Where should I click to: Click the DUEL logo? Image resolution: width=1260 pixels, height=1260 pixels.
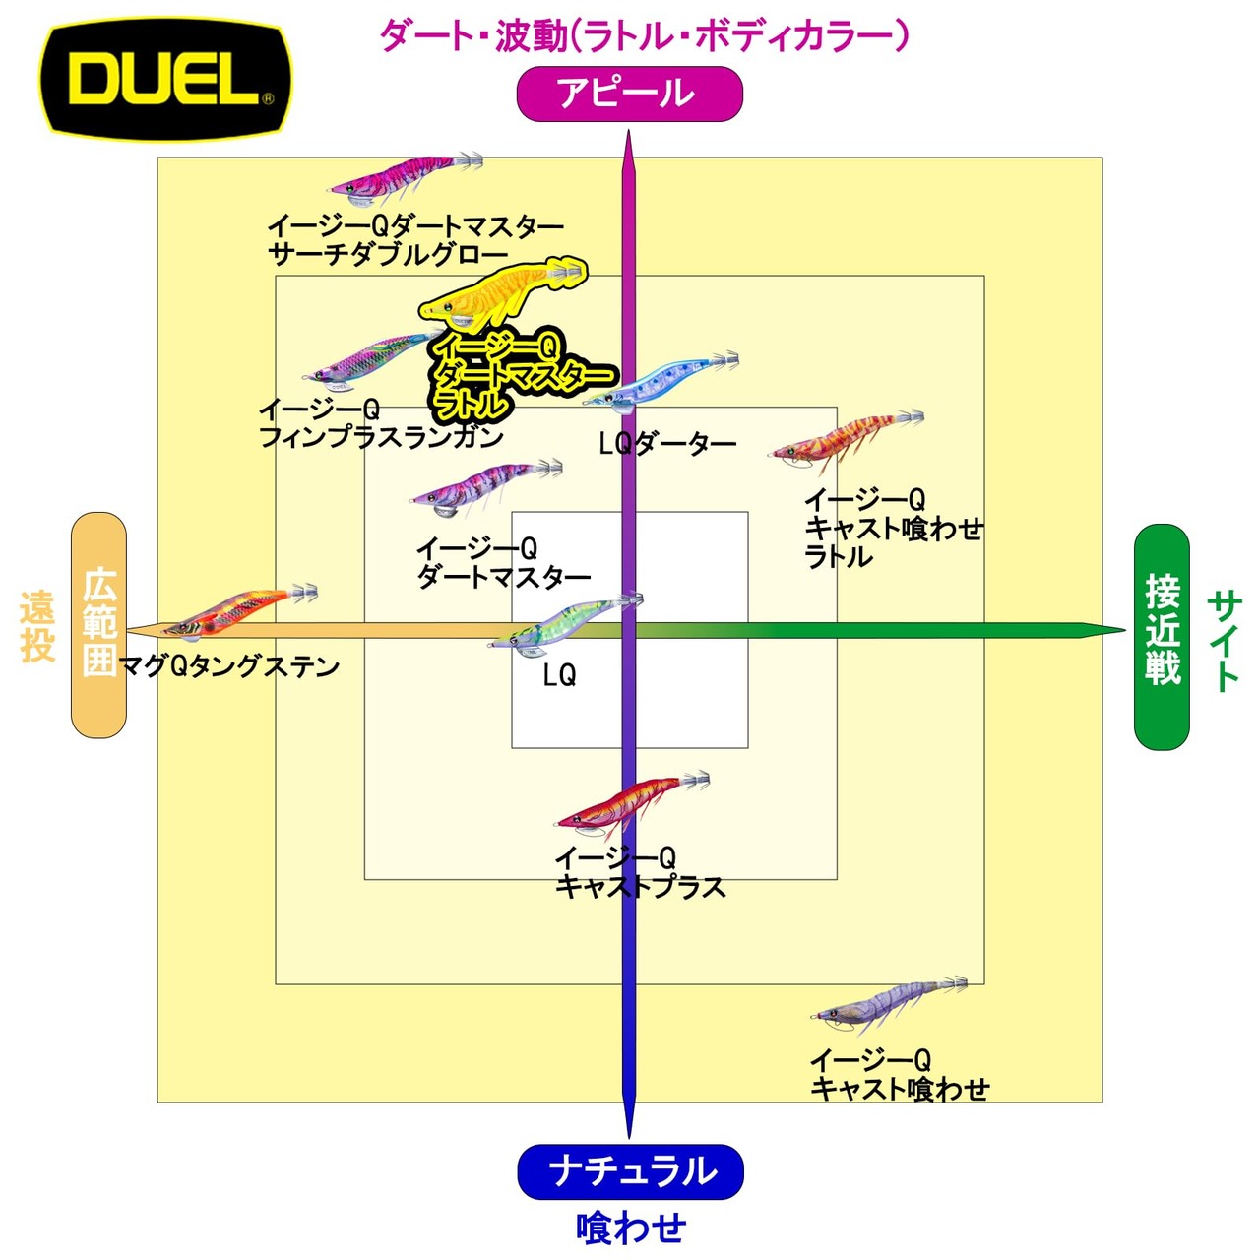(165, 78)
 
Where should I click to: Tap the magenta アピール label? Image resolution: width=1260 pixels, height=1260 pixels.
(629, 94)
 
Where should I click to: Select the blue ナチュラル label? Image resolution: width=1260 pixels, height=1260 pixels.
(630, 1171)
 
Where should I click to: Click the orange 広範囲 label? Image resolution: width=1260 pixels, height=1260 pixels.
(99, 624)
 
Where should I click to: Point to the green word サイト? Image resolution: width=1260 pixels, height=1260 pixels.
(1224, 641)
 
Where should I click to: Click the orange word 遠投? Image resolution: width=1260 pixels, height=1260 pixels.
(37, 626)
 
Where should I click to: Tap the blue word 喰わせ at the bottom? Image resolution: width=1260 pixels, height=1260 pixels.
(630, 1228)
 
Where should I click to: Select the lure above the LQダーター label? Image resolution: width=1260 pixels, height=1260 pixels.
(660, 382)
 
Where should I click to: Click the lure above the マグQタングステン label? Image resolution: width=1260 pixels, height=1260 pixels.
(236, 610)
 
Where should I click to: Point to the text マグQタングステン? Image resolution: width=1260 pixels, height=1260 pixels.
(229, 667)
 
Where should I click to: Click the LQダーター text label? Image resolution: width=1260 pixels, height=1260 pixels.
(667, 445)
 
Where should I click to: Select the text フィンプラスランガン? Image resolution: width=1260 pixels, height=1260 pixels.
(381, 437)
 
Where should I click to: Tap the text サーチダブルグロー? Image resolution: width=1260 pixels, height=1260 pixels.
(388, 255)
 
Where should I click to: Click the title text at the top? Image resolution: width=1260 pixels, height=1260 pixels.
(644, 36)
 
